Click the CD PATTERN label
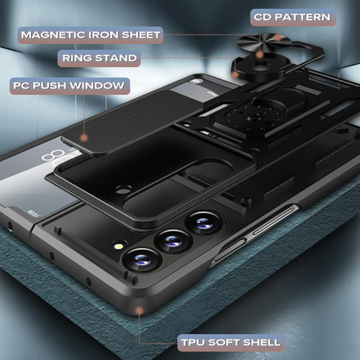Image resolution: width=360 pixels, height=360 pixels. (x=292, y=17)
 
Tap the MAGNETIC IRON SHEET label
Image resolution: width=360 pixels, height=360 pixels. (x=91, y=35)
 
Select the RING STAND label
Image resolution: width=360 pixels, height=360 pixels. (x=99, y=58)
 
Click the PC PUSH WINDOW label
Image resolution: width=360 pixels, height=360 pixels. (x=70, y=86)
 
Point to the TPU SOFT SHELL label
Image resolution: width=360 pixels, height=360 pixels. (x=230, y=343)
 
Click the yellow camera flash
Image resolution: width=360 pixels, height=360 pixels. (x=119, y=246)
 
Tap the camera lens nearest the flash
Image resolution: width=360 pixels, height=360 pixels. (x=142, y=260)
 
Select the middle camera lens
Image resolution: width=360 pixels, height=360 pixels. (x=174, y=241)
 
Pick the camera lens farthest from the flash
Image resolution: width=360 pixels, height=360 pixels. (x=204, y=223)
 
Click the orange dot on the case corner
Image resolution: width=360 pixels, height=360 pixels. (x=139, y=311)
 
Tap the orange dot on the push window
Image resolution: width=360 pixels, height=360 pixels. (x=84, y=138)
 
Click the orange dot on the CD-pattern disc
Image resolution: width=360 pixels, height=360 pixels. (x=278, y=37)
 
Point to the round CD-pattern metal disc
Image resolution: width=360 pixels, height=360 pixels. (x=264, y=42)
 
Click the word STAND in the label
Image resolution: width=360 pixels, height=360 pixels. (x=116, y=58)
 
